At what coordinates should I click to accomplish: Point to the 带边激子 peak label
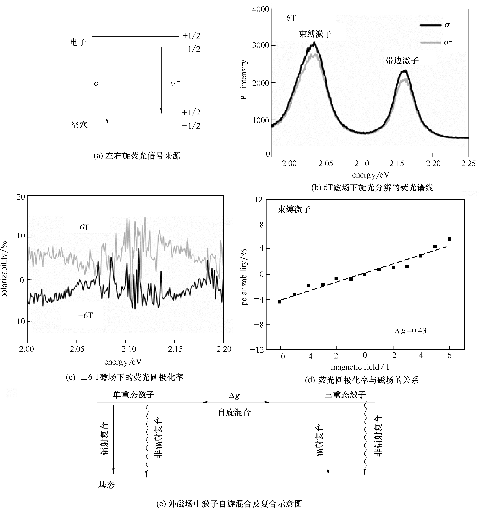(402, 61)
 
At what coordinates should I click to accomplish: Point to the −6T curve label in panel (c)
(85, 316)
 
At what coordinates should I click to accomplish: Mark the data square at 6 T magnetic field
(449, 239)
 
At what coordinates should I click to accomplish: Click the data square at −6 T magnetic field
(280, 302)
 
